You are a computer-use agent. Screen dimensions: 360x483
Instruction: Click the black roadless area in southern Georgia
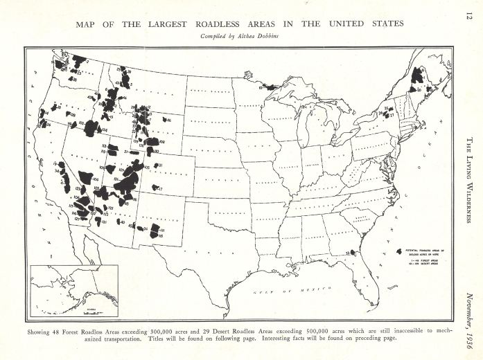pos(353,254)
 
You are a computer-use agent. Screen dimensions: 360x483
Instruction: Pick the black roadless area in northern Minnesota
pos(267,87)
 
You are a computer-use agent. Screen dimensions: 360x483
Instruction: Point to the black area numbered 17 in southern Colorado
pos(156,188)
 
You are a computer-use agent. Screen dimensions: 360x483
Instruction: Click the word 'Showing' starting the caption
pos(40,331)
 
